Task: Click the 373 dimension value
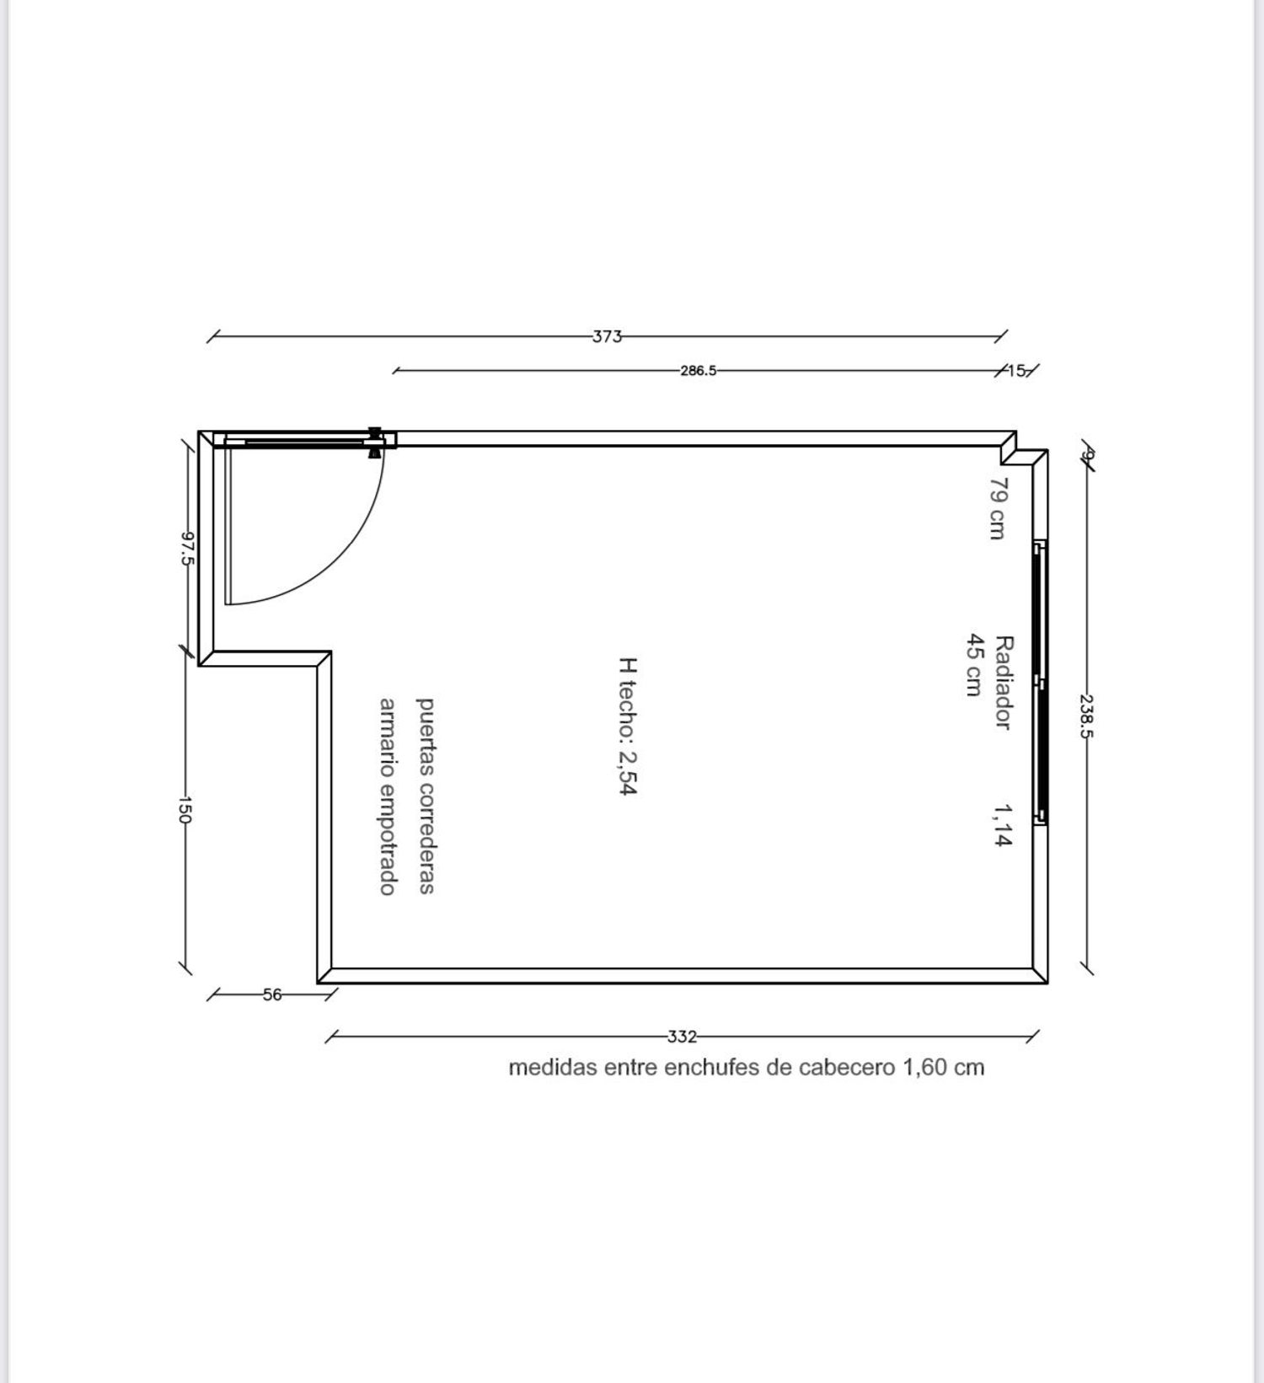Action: (607, 336)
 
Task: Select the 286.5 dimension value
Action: (699, 370)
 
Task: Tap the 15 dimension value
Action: (1016, 370)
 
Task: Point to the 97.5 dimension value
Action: (188, 548)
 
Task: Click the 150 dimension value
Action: (185, 809)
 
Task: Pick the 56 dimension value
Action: (272, 994)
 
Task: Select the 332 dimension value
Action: (682, 1037)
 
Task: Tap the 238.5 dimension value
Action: (1086, 716)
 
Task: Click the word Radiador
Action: (1004, 683)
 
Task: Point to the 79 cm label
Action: (998, 508)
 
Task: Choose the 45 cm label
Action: (975, 665)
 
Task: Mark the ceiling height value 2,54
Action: (628, 773)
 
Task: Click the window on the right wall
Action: (1041, 683)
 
